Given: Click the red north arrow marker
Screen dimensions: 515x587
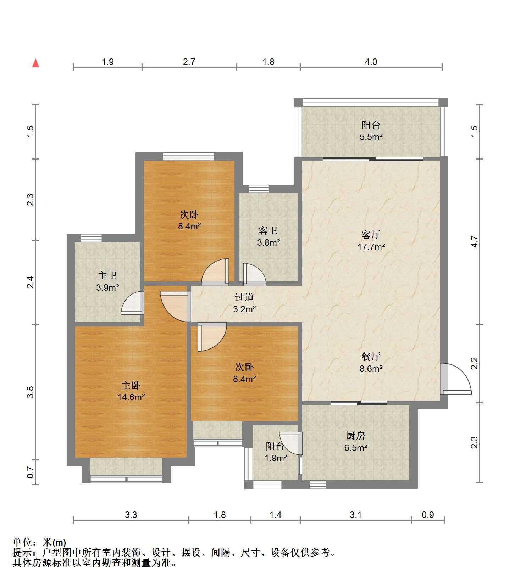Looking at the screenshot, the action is coord(35,63).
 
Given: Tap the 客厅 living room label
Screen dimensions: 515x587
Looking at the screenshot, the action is coord(371,235).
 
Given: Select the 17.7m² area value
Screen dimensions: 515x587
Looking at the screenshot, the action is coord(371,247).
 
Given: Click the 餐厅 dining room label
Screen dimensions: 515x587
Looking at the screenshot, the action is coord(371,357).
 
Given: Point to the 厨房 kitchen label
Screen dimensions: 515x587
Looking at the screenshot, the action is coord(355,436).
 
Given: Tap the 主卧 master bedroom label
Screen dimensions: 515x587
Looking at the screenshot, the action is coord(131,385).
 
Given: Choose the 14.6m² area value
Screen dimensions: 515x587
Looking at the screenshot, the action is coord(131,397).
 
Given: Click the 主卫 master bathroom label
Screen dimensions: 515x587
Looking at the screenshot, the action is coord(107,275).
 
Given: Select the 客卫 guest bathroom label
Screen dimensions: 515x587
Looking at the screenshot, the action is coord(268,231).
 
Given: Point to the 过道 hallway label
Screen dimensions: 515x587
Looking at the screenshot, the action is coord(244,297).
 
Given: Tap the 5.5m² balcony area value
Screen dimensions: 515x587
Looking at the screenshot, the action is coord(371,137).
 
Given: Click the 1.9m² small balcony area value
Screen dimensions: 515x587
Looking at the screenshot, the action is coord(276,458).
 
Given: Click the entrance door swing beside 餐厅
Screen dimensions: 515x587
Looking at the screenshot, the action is coord(455,379).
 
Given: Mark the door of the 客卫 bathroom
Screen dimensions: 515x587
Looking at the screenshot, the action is coord(254,274).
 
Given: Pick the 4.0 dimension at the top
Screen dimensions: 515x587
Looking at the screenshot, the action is coord(371,62).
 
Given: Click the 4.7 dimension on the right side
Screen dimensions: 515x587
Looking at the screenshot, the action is coord(475,242).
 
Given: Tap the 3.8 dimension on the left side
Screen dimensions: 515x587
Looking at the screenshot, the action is coord(30,392).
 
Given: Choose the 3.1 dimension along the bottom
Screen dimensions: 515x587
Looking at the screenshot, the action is coord(356,515).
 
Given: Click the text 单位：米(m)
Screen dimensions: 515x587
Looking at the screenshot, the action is coord(39,543).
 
